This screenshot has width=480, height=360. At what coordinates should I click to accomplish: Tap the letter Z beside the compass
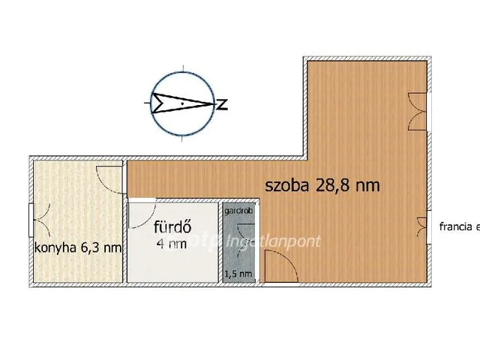[x=221, y=103]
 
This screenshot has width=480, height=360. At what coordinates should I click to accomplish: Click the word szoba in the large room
[x=286, y=186]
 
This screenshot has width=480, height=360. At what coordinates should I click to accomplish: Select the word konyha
[x=56, y=247]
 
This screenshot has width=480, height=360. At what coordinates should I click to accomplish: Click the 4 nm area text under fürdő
[x=172, y=244]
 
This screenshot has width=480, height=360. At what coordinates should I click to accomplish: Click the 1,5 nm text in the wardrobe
[x=239, y=274]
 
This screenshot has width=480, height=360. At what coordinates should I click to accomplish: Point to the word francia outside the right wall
[x=456, y=225]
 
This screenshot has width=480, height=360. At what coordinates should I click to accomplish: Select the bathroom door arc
[x=141, y=215]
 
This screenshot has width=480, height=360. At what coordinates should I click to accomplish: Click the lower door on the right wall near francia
[x=421, y=226]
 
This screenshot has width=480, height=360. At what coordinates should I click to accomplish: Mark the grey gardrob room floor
[x=238, y=240]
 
